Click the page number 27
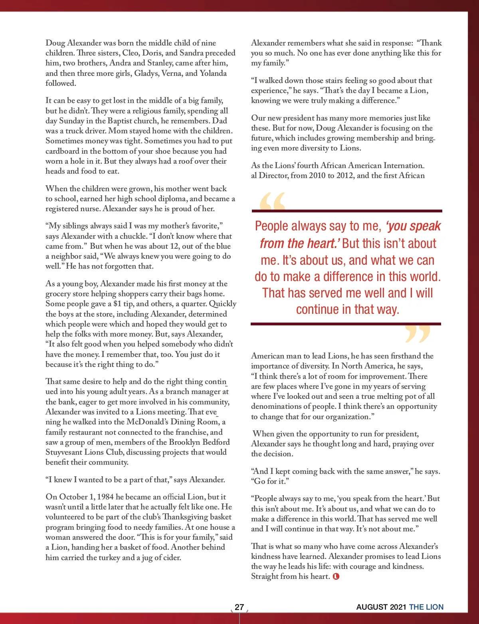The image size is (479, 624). pos(239,607)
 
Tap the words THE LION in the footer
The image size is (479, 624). pos(426,607)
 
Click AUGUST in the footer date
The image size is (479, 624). pos(372,607)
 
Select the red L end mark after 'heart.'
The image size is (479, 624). pos(336,576)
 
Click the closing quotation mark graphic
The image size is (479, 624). pos(418,333)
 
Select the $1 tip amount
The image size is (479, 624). pos(117,304)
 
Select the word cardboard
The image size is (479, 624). pos(62,151)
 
